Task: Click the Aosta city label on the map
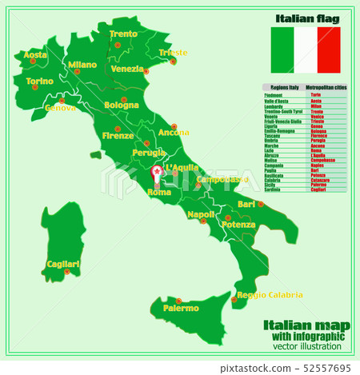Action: coord(35,55)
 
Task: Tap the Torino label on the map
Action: coord(40,81)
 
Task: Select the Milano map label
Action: coord(82,65)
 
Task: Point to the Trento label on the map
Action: coord(123,34)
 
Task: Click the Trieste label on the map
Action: coord(174,53)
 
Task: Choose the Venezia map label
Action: coord(127,69)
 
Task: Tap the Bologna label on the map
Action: coord(122,105)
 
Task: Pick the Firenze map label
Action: coord(118,135)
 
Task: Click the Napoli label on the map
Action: coord(201,214)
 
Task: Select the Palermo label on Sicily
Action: coord(181,307)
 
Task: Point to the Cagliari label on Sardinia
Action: coord(63,263)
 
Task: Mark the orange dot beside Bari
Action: coord(261,204)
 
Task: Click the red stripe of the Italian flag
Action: coord(329,50)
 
